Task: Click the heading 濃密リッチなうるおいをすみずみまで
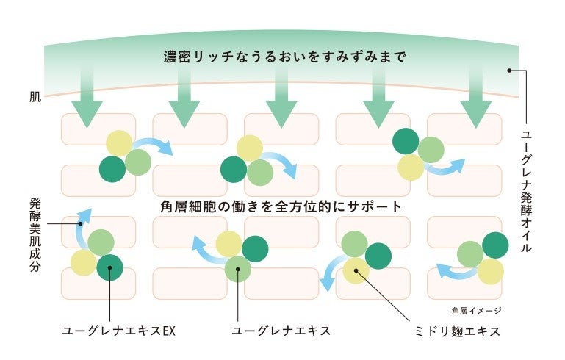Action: (x=284, y=57)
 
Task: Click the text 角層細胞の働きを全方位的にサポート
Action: (x=281, y=206)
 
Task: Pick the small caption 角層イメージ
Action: (x=477, y=310)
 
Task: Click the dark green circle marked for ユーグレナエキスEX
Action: (x=109, y=267)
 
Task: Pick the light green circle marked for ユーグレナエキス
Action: (x=237, y=270)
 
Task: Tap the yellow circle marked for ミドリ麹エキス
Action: (x=356, y=270)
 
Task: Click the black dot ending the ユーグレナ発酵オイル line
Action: (x=508, y=71)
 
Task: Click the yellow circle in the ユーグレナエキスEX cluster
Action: (x=83, y=262)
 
